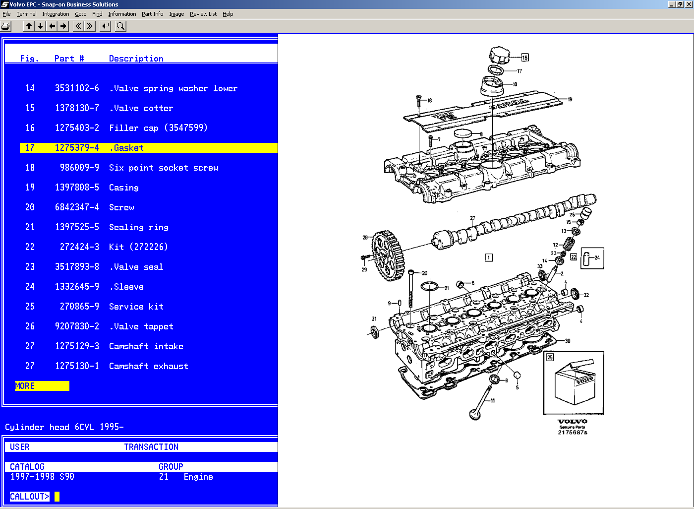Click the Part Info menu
152,14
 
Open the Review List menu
203,14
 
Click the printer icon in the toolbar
6,26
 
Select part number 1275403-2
77,128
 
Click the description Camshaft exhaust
148,366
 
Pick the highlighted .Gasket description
126,148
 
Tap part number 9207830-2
77,326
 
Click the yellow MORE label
25,386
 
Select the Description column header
136,59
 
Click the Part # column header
69,59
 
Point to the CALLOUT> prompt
30,497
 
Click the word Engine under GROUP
198,477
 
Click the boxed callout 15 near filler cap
524,58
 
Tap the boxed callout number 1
489,257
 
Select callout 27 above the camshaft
472,218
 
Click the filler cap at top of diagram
499,55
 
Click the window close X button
688,4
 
